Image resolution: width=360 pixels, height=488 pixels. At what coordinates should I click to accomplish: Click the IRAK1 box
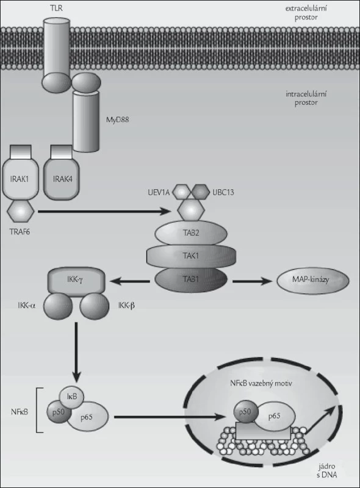coord(21,178)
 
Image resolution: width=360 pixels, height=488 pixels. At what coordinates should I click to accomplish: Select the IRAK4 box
coord(62,178)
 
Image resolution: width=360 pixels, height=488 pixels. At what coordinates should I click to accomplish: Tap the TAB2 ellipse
coord(191,233)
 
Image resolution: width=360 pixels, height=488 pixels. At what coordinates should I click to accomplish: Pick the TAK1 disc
coord(191,256)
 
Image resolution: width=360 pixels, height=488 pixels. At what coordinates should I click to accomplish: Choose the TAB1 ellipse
coord(191,279)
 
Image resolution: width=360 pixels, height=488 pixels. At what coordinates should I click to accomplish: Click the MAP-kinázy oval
coord(313,280)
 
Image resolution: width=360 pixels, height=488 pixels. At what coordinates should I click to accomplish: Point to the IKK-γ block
coord(75,279)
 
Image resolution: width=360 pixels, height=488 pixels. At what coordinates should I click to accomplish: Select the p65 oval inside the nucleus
coord(275,416)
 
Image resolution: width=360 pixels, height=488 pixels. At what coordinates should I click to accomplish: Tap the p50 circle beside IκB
coord(59,412)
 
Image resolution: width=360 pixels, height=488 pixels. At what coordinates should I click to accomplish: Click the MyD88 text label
coord(117,120)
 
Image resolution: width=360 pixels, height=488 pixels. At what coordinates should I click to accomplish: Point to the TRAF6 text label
coord(20,232)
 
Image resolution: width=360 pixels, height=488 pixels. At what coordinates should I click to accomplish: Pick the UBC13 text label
coord(223,192)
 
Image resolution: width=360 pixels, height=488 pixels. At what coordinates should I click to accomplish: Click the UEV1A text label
coord(159,192)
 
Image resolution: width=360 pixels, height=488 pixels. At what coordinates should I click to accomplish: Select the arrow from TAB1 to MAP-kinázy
coord(253,281)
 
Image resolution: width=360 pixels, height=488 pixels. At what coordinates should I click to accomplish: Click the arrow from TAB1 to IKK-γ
coord(129,282)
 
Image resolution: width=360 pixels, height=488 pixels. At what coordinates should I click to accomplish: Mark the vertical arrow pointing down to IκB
coord(76,353)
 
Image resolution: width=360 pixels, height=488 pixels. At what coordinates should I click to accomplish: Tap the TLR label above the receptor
coord(56,8)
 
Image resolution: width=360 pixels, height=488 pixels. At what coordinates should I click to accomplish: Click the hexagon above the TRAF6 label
coord(21,211)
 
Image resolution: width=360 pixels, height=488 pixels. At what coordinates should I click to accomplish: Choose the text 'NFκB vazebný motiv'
coord(261,383)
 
